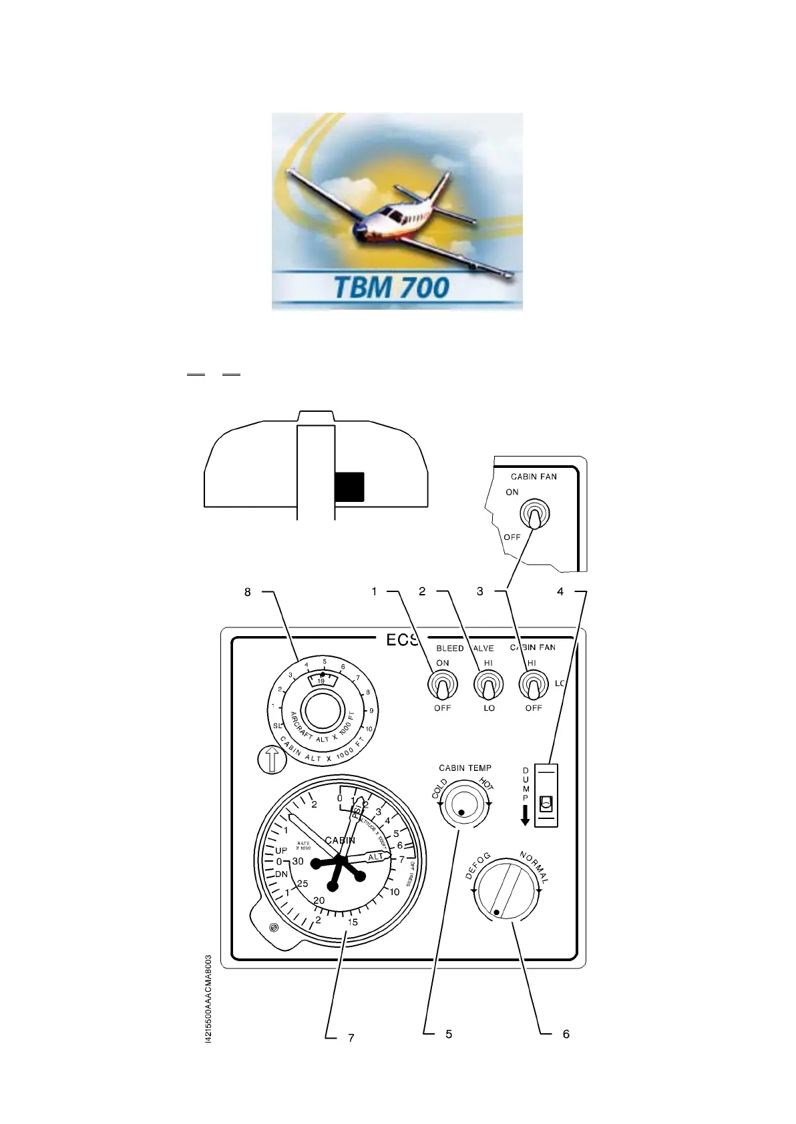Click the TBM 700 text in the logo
point(392,288)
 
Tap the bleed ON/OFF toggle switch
point(441,685)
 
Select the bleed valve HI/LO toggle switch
point(488,685)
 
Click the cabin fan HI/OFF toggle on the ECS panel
point(534,685)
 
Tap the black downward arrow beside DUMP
point(526,814)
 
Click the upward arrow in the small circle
point(272,760)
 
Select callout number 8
point(247,592)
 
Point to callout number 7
point(351,1038)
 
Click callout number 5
point(449,1034)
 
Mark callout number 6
point(566,1034)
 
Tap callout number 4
point(560,592)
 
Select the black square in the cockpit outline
point(349,486)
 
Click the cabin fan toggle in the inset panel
point(534,515)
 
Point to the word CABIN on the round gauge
point(340,840)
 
